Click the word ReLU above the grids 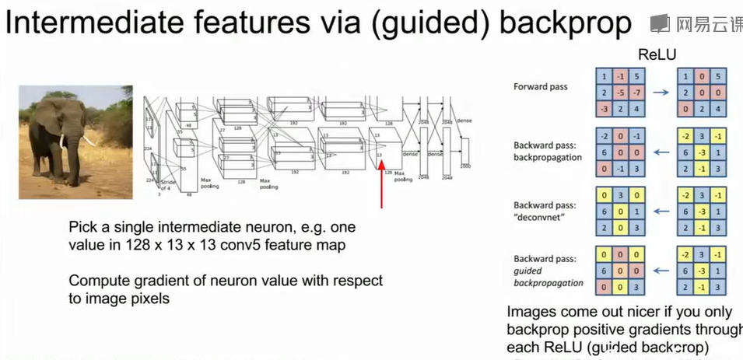click(657, 55)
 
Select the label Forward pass click(540, 86)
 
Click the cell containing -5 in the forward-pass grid click(621, 93)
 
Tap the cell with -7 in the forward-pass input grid click(638, 93)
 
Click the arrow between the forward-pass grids click(660, 92)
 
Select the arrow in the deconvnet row click(660, 210)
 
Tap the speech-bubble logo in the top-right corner click(660, 23)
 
